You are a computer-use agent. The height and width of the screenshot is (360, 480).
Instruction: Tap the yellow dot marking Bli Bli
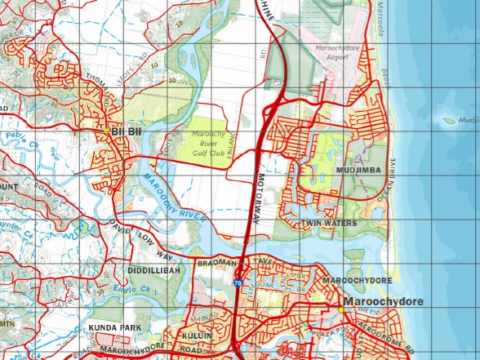(106, 131)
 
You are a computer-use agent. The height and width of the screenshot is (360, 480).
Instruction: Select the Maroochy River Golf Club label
(207, 139)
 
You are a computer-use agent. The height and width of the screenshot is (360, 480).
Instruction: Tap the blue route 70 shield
(237, 282)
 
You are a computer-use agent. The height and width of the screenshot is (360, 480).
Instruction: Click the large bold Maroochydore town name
(384, 302)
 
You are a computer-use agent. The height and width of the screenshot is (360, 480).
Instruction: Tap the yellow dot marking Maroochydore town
(340, 309)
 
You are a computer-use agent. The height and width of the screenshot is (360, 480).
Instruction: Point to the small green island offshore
(448, 120)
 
